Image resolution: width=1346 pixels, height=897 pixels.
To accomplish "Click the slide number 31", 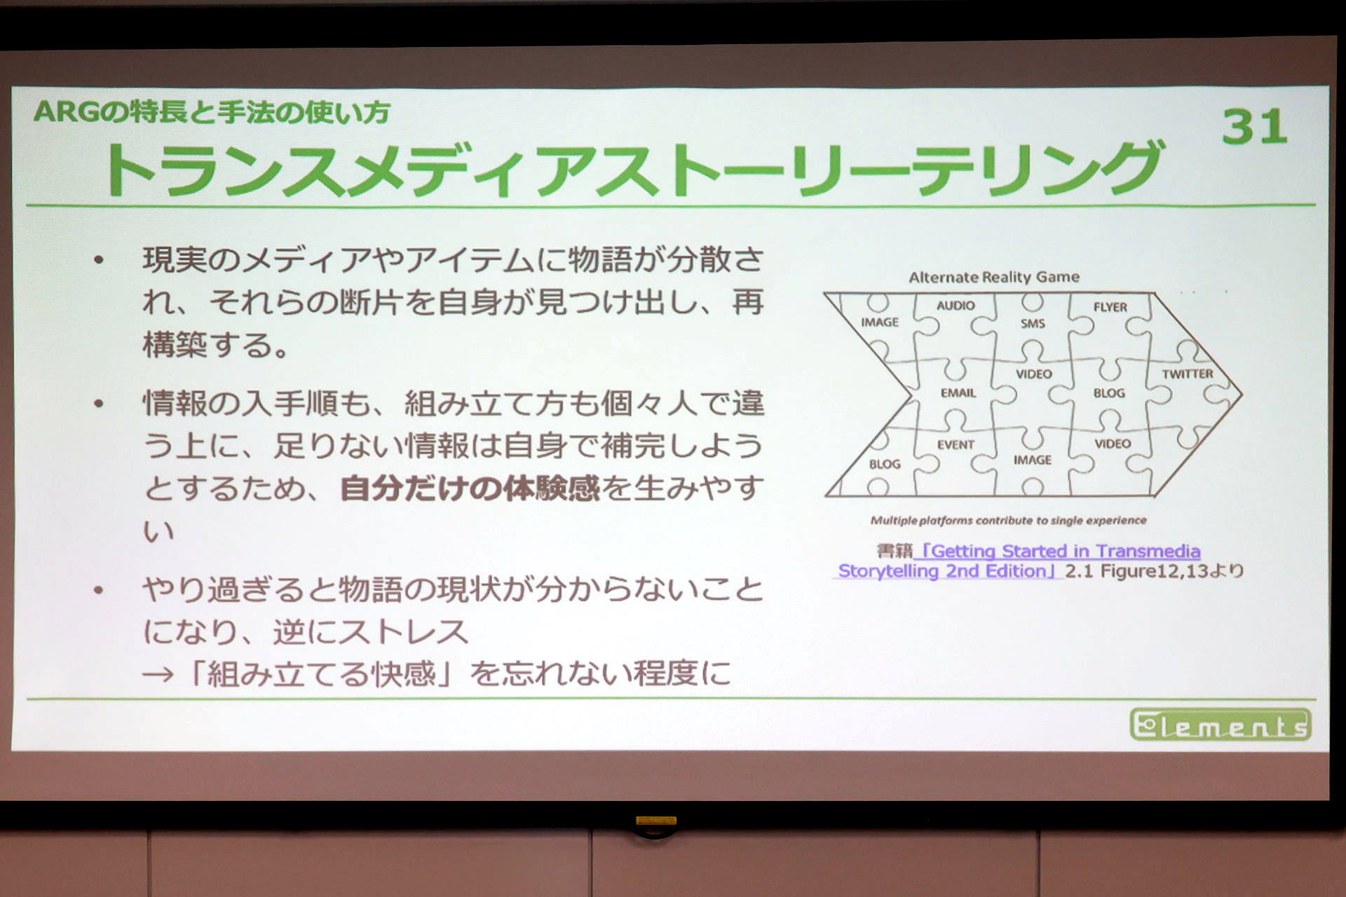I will (x=1254, y=128).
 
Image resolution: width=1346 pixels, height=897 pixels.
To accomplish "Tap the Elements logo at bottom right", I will (x=1221, y=725).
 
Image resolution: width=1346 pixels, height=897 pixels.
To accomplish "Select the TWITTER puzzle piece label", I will (x=1187, y=374).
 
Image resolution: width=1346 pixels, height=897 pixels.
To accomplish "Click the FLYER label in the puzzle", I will (x=1110, y=307).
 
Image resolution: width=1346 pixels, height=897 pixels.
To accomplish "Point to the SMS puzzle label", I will (x=1032, y=324).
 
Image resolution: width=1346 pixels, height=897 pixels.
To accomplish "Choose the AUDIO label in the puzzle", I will (x=956, y=306).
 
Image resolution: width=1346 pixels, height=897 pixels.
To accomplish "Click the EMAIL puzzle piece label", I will (x=958, y=393).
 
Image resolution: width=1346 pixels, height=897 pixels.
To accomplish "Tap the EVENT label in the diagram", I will (x=956, y=445).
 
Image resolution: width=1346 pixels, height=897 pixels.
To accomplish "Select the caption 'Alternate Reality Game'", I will (x=993, y=277).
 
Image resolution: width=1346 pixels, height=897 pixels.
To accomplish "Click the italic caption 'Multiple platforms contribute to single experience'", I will (x=1008, y=520).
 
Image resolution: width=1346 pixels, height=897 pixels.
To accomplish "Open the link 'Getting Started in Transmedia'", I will (x=1059, y=552).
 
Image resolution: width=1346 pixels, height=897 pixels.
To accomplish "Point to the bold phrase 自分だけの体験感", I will (x=469, y=488).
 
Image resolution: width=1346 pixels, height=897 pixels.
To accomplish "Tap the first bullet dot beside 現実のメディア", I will (x=99, y=261).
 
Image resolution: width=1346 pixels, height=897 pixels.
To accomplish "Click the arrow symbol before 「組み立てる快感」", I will (x=158, y=675).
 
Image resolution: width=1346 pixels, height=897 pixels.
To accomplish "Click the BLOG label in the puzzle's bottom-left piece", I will (x=884, y=464).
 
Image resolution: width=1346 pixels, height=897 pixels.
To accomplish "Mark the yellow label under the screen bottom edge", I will (x=655, y=820).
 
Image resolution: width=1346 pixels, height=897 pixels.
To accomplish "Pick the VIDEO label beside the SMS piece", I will (x=1033, y=374).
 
